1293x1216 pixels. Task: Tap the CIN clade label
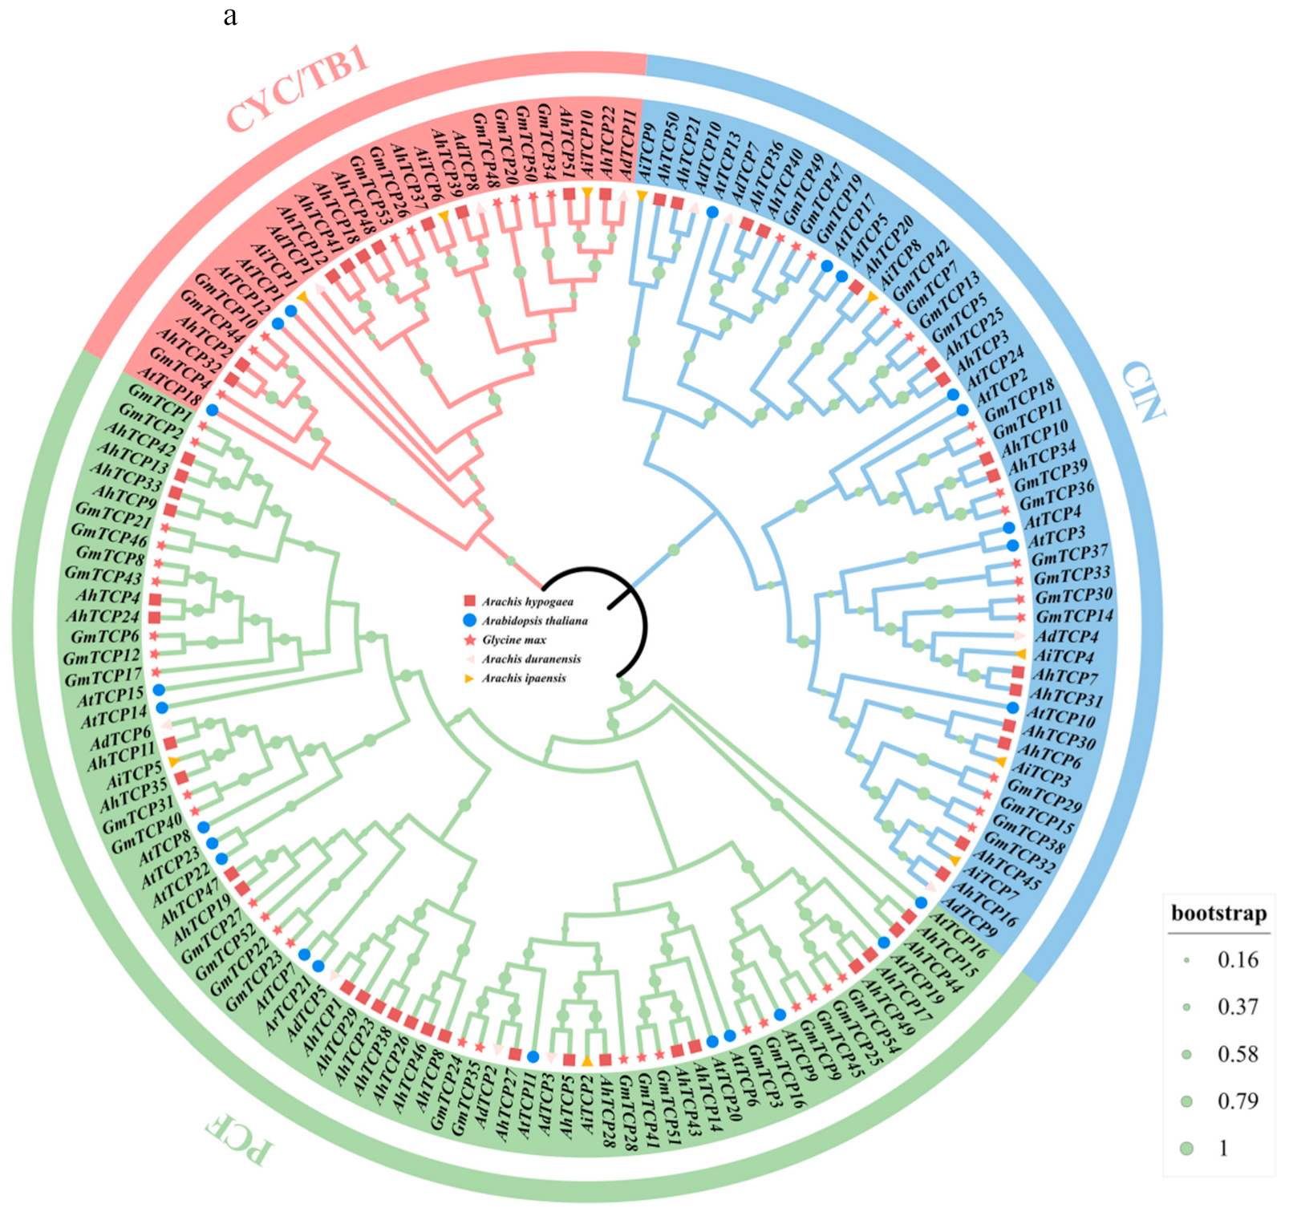click(x=1142, y=391)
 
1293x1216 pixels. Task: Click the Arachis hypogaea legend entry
click(x=527, y=602)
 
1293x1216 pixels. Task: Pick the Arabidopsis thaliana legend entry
click(x=534, y=621)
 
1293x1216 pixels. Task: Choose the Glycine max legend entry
click(x=513, y=640)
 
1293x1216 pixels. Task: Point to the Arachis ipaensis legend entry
click(x=523, y=679)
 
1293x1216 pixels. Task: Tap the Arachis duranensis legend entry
click(x=531, y=659)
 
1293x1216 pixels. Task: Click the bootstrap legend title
click(x=1218, y=914)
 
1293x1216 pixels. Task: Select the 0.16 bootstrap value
click(x=1238, y=960)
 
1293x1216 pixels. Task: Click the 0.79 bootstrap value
click(x=1238, y=1101)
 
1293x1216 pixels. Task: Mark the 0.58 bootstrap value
click(x=1238, y=1054)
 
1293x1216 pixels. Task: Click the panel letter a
click(x=230, y=16)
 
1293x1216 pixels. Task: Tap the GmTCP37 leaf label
click(x=1069, y=554)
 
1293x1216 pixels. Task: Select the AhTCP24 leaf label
click(x=103, y=617)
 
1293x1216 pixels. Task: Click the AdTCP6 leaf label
click(x=120, y=736)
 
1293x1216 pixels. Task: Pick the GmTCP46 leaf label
click(x=109, y=534)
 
